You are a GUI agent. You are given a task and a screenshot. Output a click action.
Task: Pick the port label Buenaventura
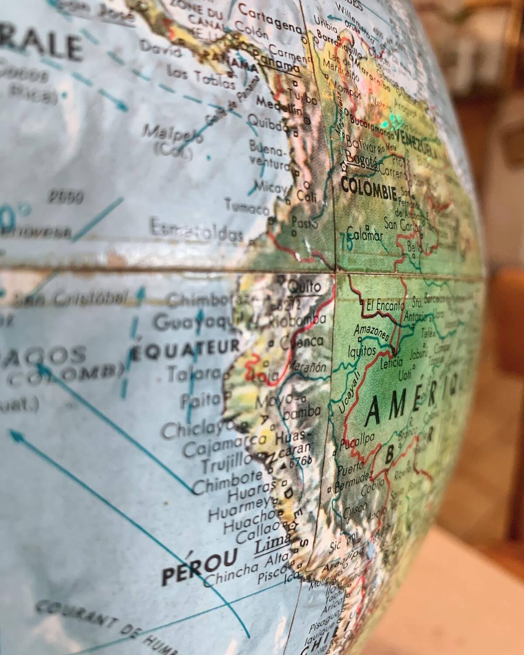(x=269, y=155)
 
